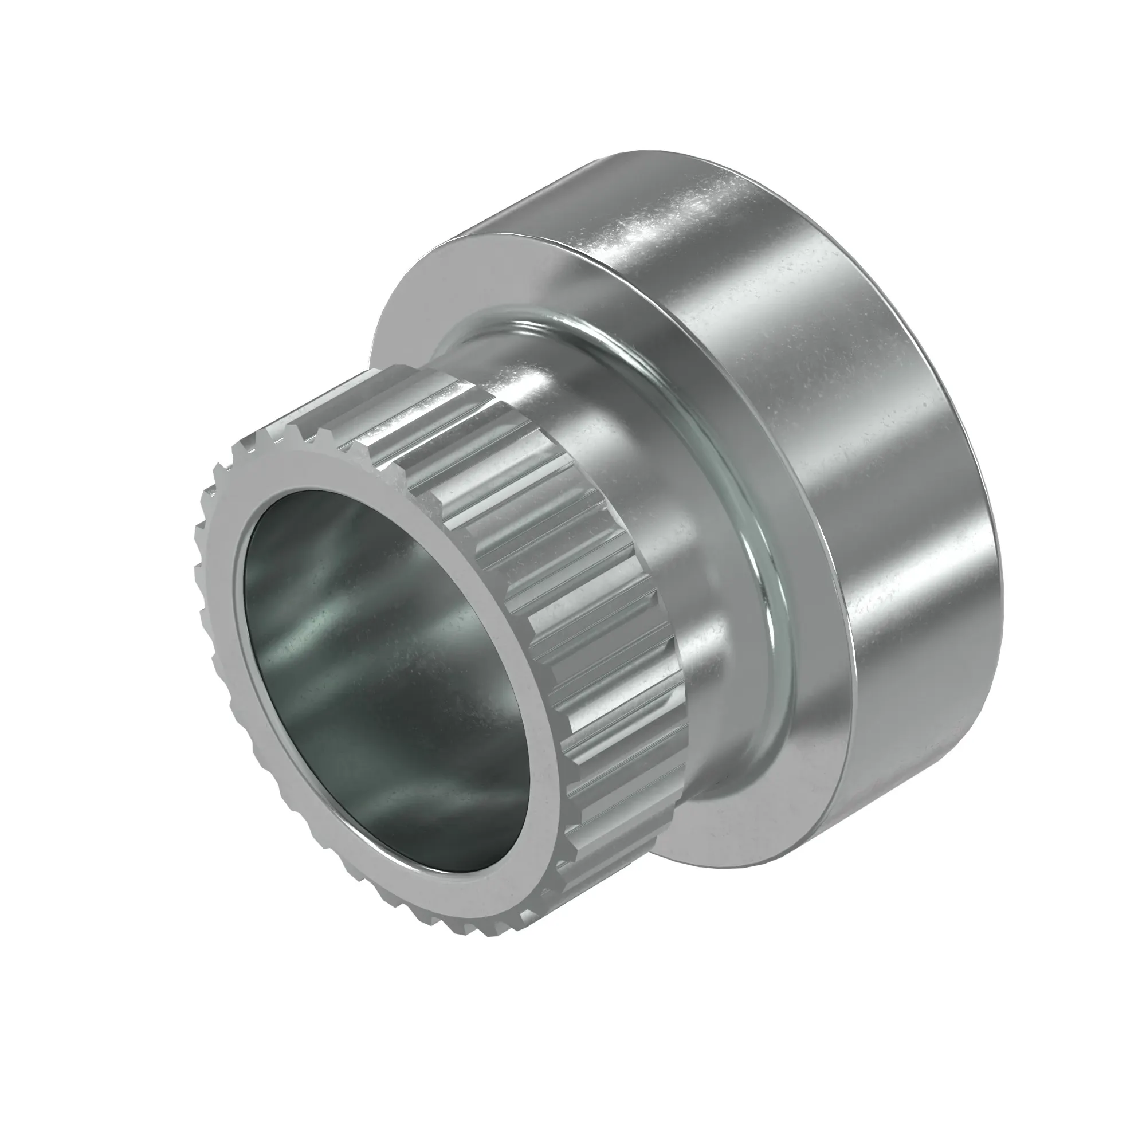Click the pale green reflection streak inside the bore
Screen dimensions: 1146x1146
tap(356, 593)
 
